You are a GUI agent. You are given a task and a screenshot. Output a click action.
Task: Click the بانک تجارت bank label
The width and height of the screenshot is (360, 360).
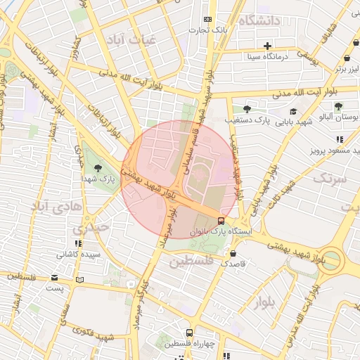(211, 31)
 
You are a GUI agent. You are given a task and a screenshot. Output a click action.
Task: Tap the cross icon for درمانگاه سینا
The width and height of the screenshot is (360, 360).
(267, 46)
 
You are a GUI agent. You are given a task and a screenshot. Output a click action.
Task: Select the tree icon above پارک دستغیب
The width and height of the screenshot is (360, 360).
(247, 108)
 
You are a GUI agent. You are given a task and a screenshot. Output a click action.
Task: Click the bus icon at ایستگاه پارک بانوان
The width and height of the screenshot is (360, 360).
(222, 221)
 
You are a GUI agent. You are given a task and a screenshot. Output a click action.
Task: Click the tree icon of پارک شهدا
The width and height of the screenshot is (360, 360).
(97, 167)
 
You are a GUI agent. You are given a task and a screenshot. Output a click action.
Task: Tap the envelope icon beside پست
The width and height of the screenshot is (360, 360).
(54, 278)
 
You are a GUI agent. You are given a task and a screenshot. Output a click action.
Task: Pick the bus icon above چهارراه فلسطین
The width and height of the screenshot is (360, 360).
(189, 333)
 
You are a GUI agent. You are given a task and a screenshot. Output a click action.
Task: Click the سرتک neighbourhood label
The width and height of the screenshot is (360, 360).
(330, 178)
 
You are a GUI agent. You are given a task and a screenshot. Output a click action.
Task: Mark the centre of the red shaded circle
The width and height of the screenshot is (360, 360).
(179, 179)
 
